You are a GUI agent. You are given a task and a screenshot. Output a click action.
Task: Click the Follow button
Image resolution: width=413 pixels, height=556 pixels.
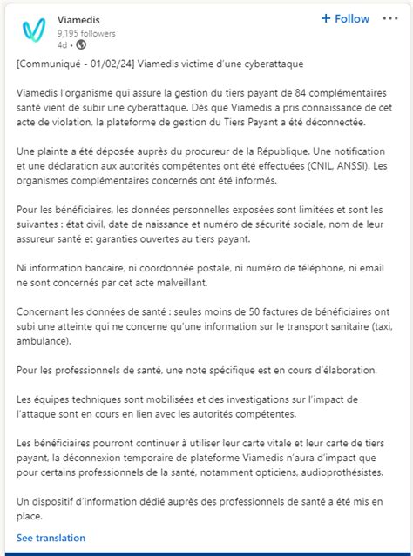(x=345, y=18)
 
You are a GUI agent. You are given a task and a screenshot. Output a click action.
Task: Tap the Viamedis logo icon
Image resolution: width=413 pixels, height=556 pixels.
(x=33, y=30)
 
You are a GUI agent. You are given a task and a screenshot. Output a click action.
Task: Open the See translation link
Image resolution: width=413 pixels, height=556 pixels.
(x=51, y=538)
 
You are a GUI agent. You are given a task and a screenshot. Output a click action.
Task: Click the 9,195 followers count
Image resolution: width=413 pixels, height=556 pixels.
(x=86, y=33)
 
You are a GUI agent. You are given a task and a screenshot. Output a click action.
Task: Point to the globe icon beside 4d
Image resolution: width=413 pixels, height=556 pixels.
(x=81, y=44)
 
